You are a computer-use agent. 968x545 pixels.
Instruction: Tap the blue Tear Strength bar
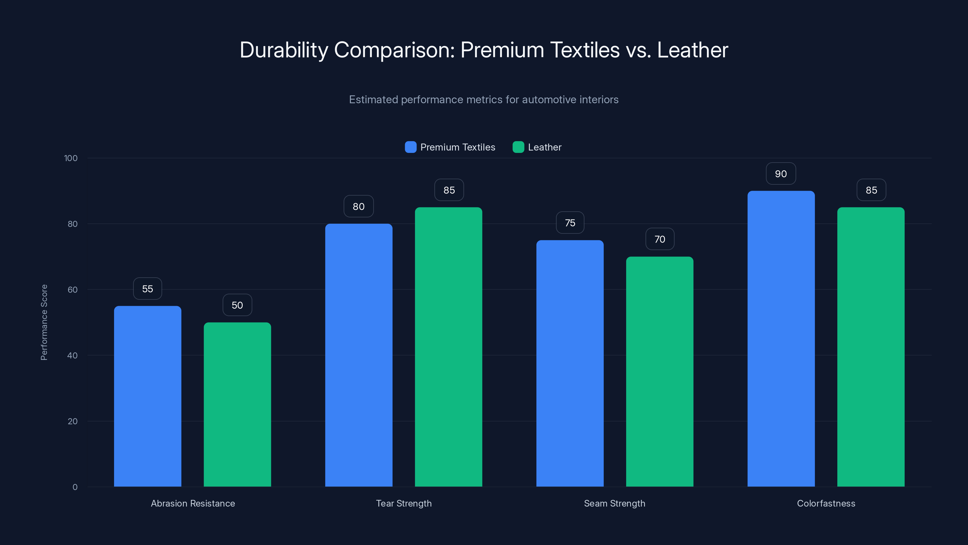click(358, 355)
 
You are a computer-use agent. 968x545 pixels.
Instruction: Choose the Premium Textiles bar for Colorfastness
click(781, 339)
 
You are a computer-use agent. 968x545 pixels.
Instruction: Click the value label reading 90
click(780, 174)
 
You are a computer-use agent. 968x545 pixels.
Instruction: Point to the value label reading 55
click(147, 289)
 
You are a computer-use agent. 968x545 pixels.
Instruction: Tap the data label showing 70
click(659, 239)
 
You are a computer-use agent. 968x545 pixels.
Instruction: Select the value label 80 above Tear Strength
click(358, 206)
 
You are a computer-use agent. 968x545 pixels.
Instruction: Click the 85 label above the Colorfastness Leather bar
click(871, 190)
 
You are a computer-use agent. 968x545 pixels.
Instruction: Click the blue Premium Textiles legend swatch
click(410, 147)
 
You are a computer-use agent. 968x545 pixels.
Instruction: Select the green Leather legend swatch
click(518, 147)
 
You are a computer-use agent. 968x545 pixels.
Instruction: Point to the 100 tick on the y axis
click(71, 158)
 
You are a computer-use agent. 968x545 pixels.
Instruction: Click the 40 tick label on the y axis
click(72, 355)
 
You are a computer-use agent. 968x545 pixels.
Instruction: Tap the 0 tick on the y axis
click(75, 487)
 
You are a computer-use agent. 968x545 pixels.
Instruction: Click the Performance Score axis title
click(44, 322)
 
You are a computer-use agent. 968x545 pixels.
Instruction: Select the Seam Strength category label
click(614, 503)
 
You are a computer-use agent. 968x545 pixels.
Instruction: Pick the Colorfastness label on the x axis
click(826, 503)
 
